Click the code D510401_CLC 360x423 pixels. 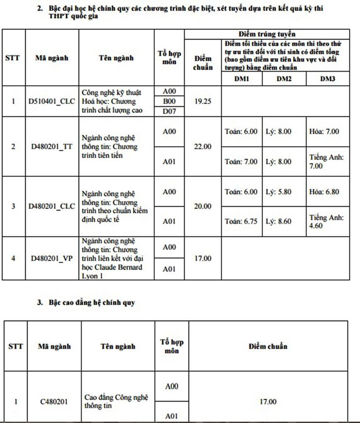pos(52,101)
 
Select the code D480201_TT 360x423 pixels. pos(52,147)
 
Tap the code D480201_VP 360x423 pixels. pos(52,258)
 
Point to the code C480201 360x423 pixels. pos(54,401)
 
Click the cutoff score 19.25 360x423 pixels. pos(203,101)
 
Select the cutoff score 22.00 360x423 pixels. pos(203,147)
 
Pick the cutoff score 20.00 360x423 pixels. pos(203,206)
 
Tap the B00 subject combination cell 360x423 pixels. pos(169,101)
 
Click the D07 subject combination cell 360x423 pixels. pos(169,111)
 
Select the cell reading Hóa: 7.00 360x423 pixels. pos(324,131)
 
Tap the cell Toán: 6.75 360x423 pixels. pos(241,222)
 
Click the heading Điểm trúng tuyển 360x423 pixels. pos(267,34)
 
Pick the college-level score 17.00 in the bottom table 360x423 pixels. pos(268,401)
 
